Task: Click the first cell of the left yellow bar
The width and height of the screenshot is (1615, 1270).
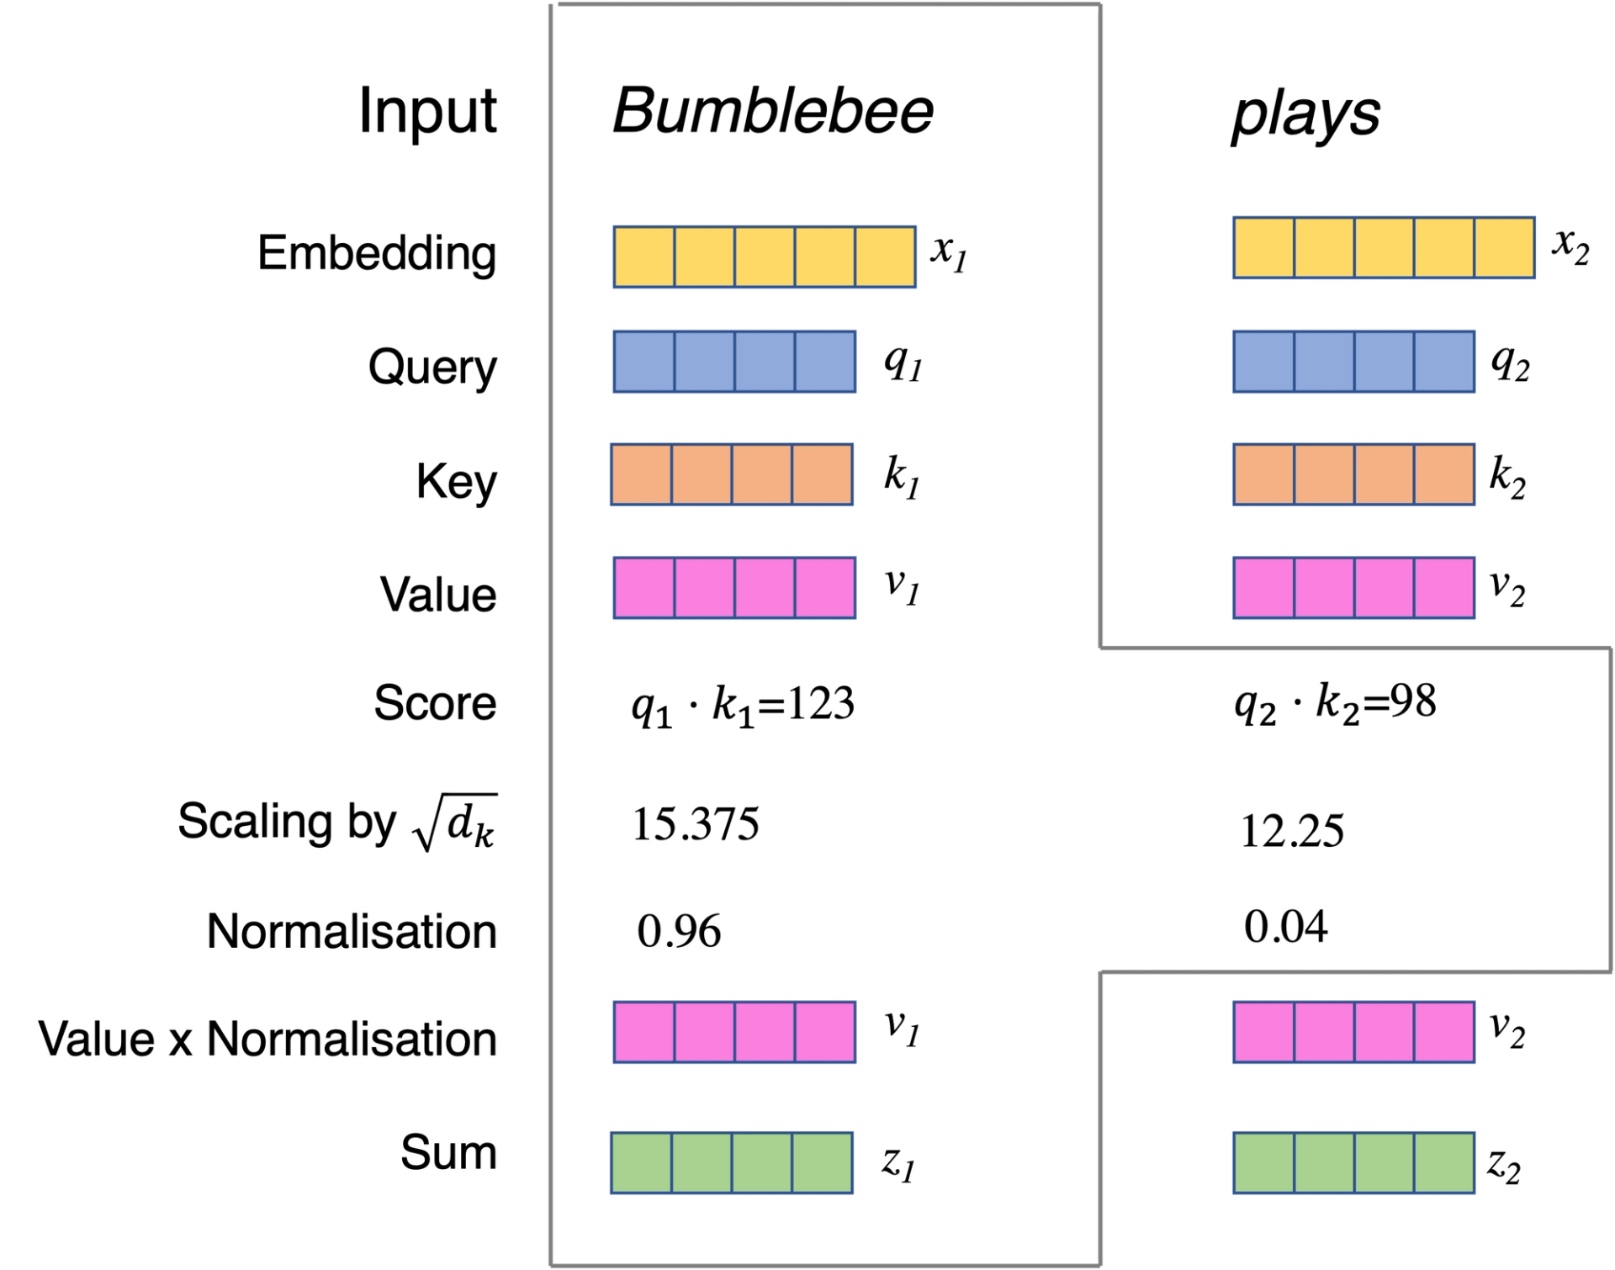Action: (x=644, y=256)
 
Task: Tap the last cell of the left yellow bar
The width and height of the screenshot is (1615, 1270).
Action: (x=885, y=256)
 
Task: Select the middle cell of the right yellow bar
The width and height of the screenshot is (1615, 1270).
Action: (x=1385, y=248)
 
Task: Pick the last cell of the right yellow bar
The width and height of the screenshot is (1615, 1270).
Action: (x=1504, y=248)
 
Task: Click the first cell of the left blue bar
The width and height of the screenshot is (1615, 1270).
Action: (x=644, y=362)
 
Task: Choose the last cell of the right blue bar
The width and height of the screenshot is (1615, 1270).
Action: (x=1443, y=362)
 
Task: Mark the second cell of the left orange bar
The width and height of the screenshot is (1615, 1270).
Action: (x=702, y=474)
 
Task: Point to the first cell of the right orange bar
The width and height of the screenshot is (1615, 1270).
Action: (x=1264, y=474)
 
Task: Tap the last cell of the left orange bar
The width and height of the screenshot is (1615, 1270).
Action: (x=822, y=474)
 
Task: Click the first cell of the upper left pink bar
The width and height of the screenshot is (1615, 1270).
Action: (x=644, y=588)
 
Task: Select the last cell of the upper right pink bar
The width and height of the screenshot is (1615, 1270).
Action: (x=1443, y=588)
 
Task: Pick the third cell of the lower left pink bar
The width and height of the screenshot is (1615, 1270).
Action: (x=765, y=1030)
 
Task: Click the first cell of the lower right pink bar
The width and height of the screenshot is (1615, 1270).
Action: (x=1264, y=1030)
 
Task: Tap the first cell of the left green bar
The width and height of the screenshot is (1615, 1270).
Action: (x=642, y=1164)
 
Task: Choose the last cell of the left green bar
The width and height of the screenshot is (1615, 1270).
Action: (x=822, y=1164)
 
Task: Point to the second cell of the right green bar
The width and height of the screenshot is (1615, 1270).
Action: (x=1324, y=1164)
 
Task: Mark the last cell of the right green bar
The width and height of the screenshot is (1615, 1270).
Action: (x=1443, y=1164)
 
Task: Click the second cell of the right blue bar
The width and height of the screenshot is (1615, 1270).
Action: (x=1324, y=362)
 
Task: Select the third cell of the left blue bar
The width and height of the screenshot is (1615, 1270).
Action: (x=765, y=362)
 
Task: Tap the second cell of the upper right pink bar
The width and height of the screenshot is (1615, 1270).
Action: (x=1324, y=588)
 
